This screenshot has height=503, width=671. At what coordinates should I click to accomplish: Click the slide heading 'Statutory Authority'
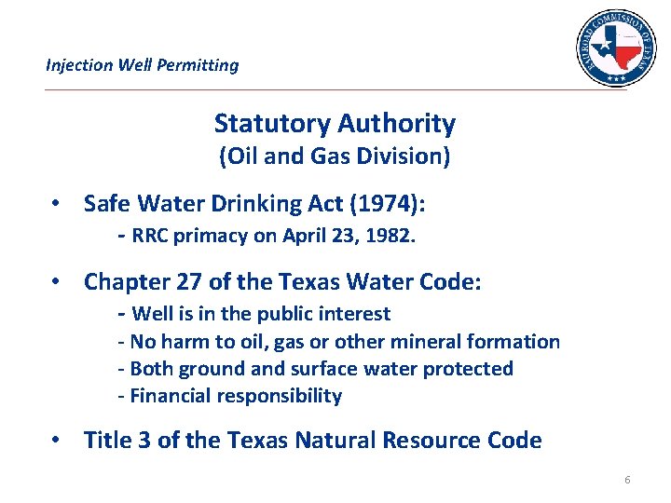point(335,123)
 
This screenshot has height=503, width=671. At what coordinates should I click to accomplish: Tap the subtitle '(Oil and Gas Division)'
point(335,156)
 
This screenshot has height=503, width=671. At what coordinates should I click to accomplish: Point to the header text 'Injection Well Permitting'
point(142,65)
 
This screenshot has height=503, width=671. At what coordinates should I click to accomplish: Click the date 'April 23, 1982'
point(356,236)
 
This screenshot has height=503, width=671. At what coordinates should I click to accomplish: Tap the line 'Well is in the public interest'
point(260,314)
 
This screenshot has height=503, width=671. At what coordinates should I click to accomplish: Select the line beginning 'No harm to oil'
point(344,342)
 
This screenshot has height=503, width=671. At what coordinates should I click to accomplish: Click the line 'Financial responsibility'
point(235,396)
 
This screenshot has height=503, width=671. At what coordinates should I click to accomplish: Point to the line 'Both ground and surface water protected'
point(321,369)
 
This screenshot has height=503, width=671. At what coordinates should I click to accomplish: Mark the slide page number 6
point(627,480)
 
